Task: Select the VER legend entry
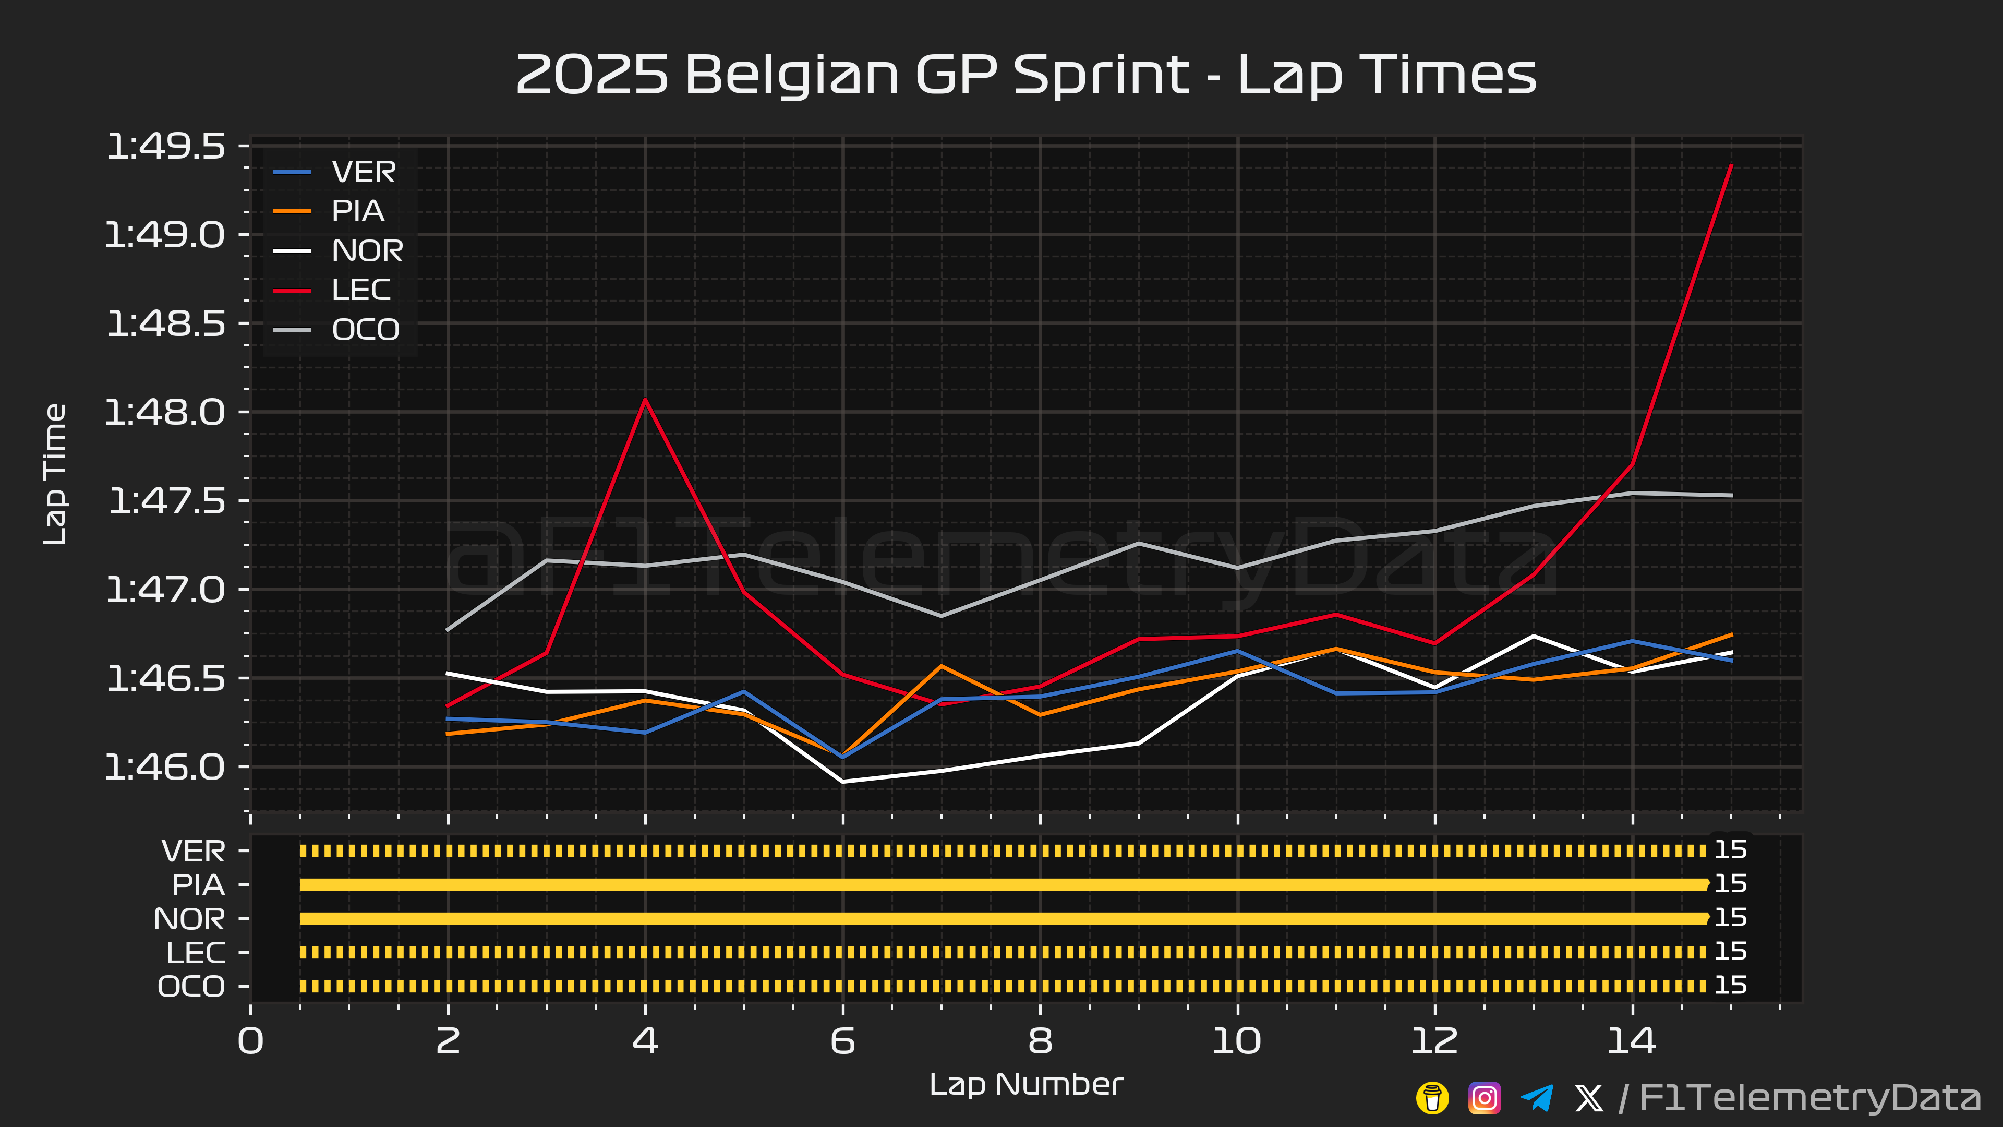pyautogui.click(x=363, y=172)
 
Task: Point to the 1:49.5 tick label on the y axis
pyautogui.click(x=166, y=146)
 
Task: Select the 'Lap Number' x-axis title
pyautogui.click(x=1025, y=1084)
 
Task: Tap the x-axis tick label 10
pyautogui.click(x=1236, y=1041)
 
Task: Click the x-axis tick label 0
pyautogui.click(x=250, y=1041)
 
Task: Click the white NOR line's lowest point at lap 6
pyautogui.click(x=843, y=782)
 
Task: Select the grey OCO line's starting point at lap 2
pyautogui.click(x=448, y=630)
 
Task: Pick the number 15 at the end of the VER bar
pyautogui.click(x=1731, y=850)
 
